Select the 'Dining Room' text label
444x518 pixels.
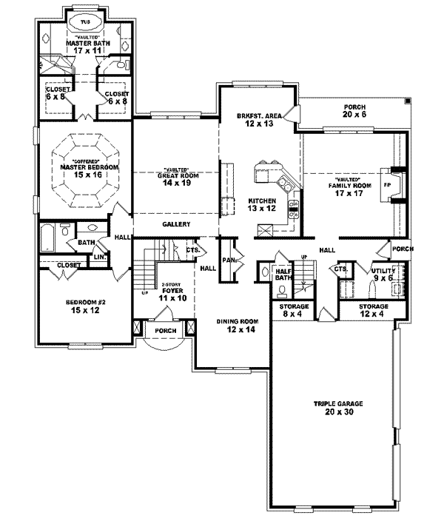(237, 322)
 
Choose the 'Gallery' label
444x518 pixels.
(177, 224)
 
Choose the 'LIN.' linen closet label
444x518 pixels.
(98, 257)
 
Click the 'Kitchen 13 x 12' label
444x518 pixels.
(262, 204)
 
